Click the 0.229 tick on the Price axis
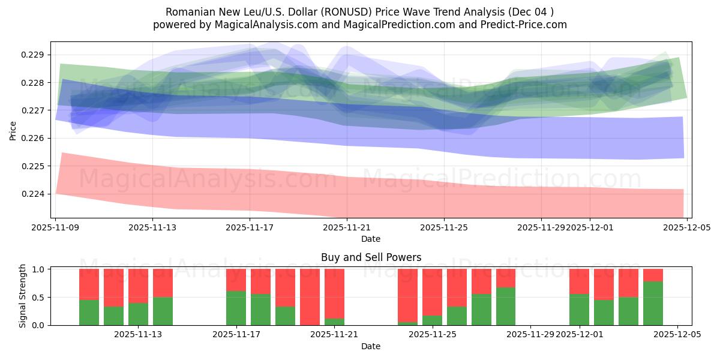(35, 55)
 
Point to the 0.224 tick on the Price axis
(35, 194)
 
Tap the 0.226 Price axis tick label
(35, 139)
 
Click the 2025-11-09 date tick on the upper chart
(56, 228)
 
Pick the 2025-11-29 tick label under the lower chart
(531, 335)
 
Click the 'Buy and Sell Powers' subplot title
(371, 257)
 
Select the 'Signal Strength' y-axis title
(22, 296)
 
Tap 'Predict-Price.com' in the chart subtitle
(527, 25)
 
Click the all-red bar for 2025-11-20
(310, 297)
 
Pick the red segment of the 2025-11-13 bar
(163, 283)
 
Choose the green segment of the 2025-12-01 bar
(579, 310)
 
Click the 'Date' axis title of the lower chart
(371, 346)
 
